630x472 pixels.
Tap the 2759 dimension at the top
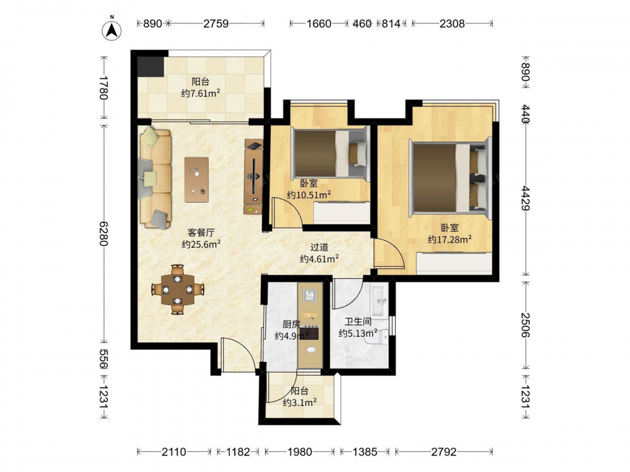point(215,24)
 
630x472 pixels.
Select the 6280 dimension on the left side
point(103,233)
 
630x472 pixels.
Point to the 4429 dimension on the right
point(525,198)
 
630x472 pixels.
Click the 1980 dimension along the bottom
point(299,452)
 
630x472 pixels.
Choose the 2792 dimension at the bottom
point(444,452)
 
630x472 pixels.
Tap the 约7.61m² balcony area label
point(200,94)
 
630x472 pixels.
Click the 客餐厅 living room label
point(201,232)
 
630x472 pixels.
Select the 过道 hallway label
point(319,247)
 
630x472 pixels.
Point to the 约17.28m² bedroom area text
point(450,240)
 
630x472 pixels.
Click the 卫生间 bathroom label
point(358,322)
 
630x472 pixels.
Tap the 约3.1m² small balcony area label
point(299,402)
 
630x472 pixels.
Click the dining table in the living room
point(178,289)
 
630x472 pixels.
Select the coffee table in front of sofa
point(197,179)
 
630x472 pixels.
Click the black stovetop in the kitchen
point(309,334)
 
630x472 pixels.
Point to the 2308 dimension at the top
point(452,24)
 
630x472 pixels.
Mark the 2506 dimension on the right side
point(525,325)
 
